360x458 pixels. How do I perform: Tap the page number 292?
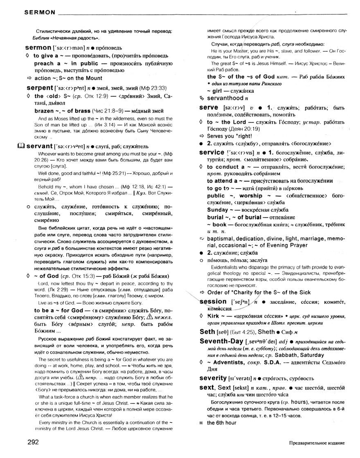coord(33,442)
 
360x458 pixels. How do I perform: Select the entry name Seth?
coord(207,331)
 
